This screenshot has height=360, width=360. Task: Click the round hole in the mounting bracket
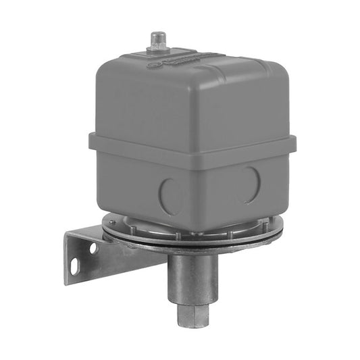click(x=93, y=248)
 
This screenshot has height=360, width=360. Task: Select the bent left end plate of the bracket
click(x=76, y=257)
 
